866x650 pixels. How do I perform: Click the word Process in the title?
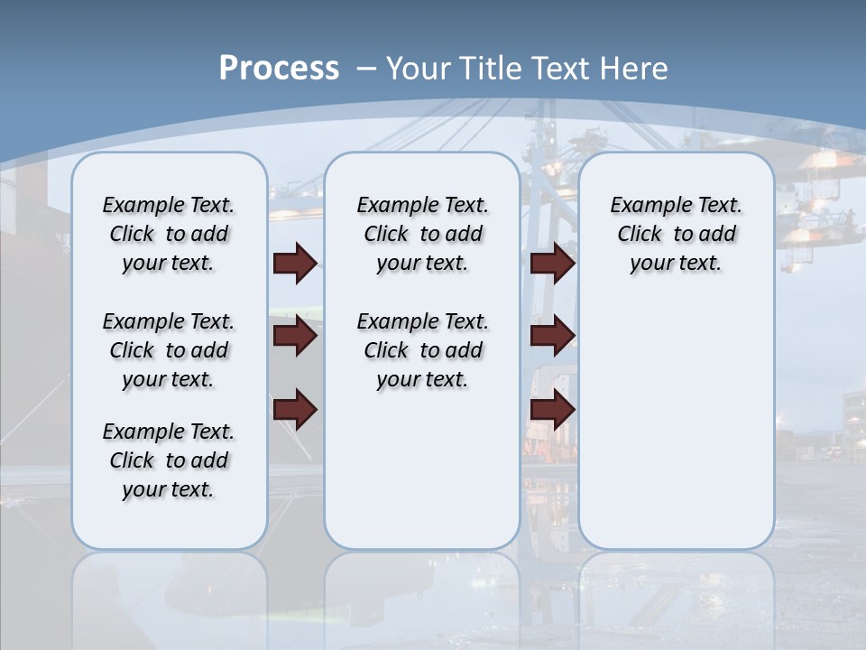point(279,68)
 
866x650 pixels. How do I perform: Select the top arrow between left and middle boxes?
point(295,263)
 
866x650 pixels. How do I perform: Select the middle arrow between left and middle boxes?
point(295,336)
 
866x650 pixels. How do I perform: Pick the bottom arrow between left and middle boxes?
point(295,410)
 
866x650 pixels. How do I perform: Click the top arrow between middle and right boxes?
point(552,263)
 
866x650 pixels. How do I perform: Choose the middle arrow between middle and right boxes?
point(552,336)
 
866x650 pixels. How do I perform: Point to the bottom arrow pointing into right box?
point(552,410)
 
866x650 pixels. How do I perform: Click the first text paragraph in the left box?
point(169,234)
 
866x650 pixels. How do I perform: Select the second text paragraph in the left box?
point(169,350)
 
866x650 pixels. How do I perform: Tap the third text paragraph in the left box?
point(169,460)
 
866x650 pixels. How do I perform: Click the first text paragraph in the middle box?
point(422,234)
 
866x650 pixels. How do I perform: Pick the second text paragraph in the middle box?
point(422,350)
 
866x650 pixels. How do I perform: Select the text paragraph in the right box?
point(676,234)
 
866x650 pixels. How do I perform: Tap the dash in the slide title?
point(366,69)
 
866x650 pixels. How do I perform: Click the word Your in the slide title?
point(419,69)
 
